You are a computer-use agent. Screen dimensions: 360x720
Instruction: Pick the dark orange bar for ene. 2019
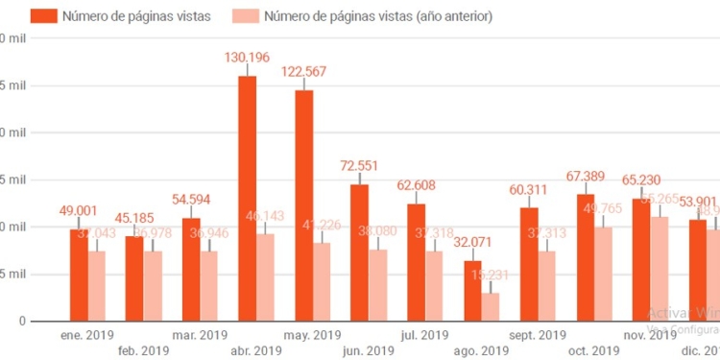(x=78, y=275)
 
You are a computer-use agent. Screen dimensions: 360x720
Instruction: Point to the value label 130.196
(x=247, y=58)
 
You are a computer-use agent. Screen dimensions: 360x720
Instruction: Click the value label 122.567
(x=304, y=72)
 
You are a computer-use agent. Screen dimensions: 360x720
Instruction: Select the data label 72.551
(x=360, y=166)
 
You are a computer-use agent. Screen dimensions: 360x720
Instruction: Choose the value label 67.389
(x=585, y=176)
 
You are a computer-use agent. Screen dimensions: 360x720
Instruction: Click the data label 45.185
(x=134, y=218)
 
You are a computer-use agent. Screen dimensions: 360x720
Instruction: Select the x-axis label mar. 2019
(x=198, y=335)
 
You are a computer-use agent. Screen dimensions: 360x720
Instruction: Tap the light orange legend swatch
(x=244, y=16)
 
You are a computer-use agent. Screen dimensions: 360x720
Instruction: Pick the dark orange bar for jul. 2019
(x=416, y=262)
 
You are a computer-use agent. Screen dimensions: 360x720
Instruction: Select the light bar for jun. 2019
(x=378, y=285)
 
